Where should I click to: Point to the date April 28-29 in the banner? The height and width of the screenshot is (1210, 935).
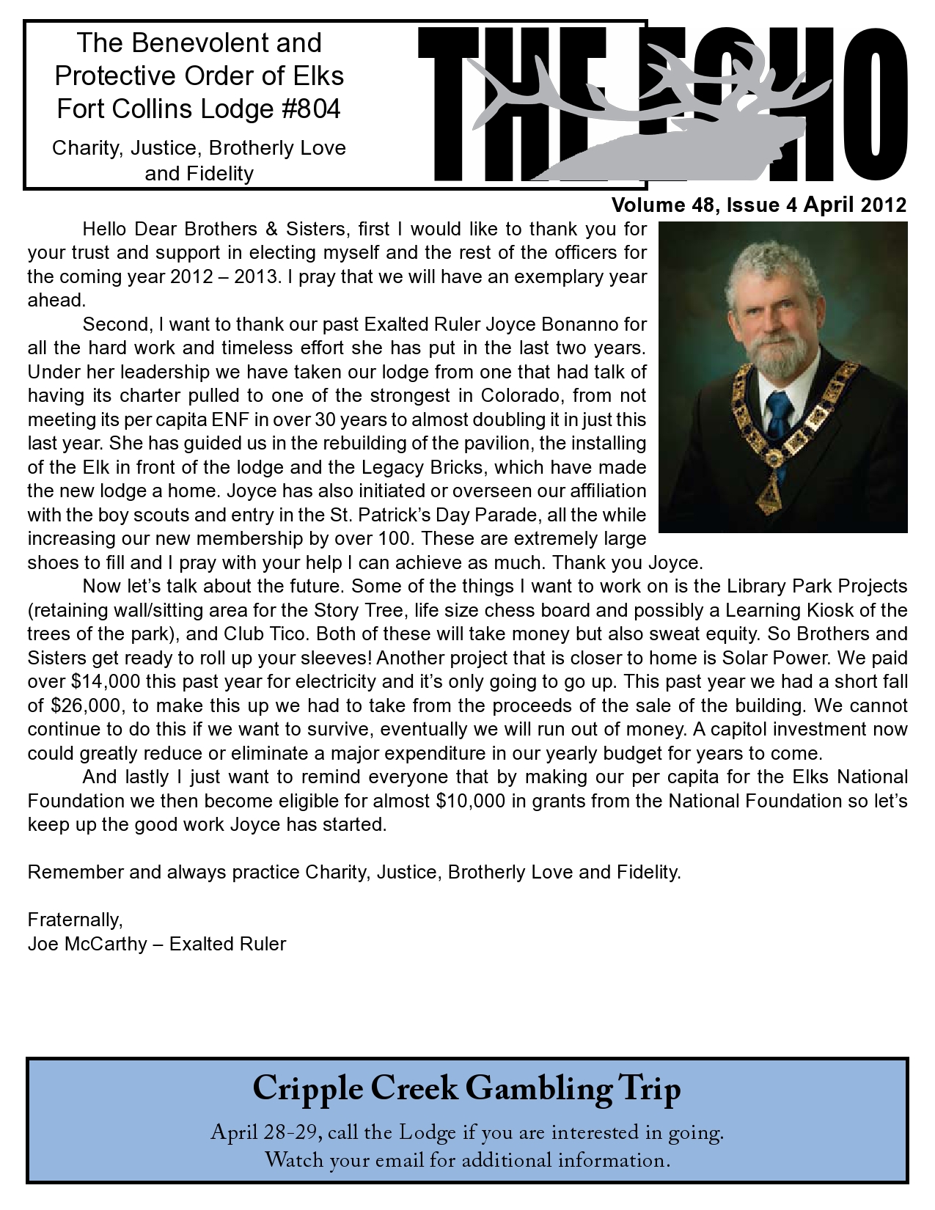click(x=265, y=1133)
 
